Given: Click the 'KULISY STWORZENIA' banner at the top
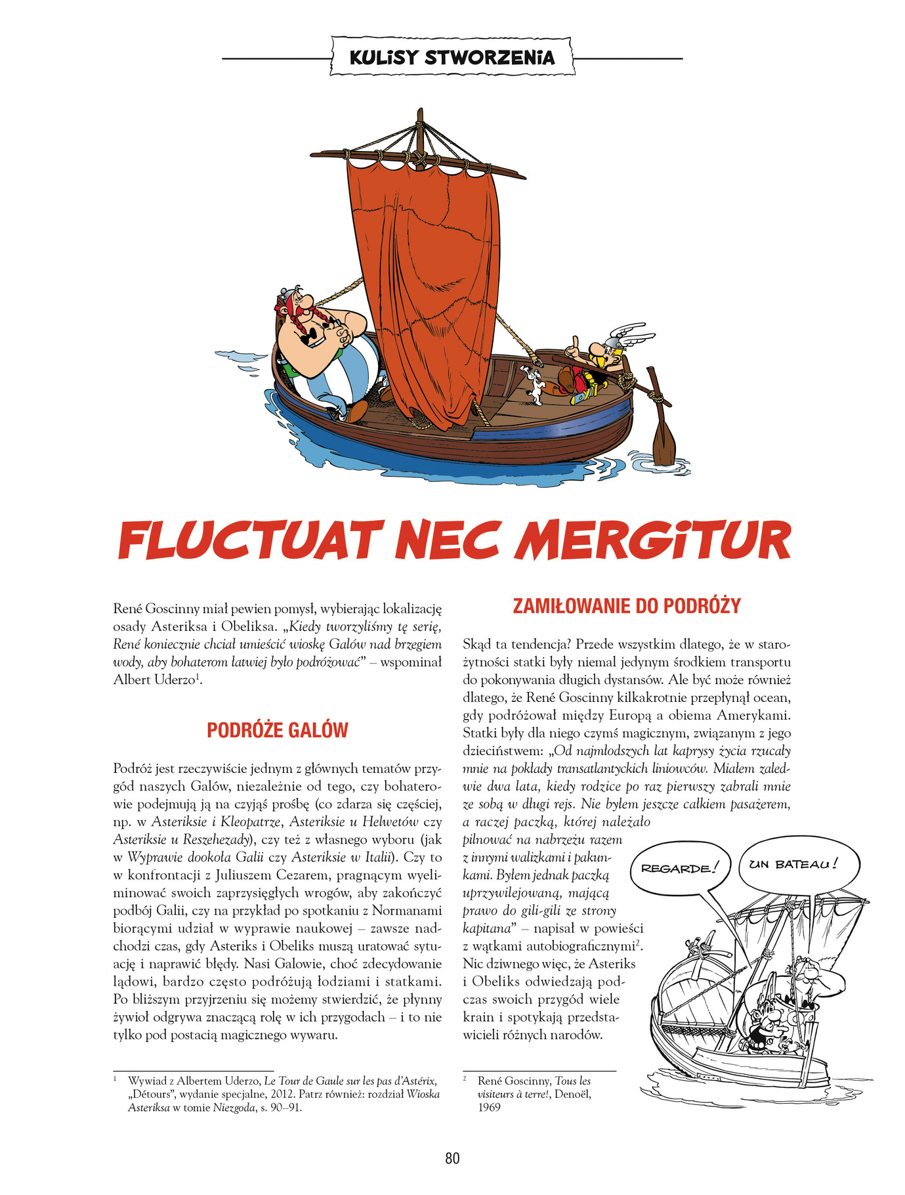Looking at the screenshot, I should (x=452, y=58).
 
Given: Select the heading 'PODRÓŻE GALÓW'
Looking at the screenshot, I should (x=277, y=730).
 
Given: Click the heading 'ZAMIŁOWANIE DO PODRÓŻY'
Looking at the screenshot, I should (x=626, y=605).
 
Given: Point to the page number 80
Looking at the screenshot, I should (x=452, y=1158).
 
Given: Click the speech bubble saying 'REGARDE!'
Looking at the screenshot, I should (x=676, y=868).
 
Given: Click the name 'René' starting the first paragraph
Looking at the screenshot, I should (x=128, y=609).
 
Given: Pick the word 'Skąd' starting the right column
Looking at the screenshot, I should (x=476, y=644).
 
